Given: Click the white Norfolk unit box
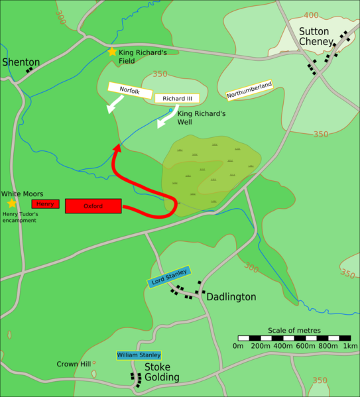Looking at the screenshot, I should coord(130,89).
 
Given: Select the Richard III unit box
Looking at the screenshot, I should coord(177,99).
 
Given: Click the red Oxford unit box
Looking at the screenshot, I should coord(93,206).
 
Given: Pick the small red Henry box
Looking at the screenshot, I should coord(45,203).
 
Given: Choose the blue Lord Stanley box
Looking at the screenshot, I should coord(168,276).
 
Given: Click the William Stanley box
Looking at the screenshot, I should coord(139,355).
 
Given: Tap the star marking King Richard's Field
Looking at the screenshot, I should coord(111,52).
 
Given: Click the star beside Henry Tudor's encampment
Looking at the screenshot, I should coord(11,203).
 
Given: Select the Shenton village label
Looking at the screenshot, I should coord(21,62).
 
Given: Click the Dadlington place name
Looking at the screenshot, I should coord(231,297).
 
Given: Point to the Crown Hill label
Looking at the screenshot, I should coord(74,364).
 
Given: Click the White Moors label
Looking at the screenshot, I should coord(23,194).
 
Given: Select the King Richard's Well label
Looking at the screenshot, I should coord(202,118).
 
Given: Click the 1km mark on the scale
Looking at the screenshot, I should coord(350,346).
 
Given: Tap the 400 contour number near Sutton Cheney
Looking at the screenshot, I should coord(310,15).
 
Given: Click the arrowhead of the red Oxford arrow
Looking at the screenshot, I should coord(117,148).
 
